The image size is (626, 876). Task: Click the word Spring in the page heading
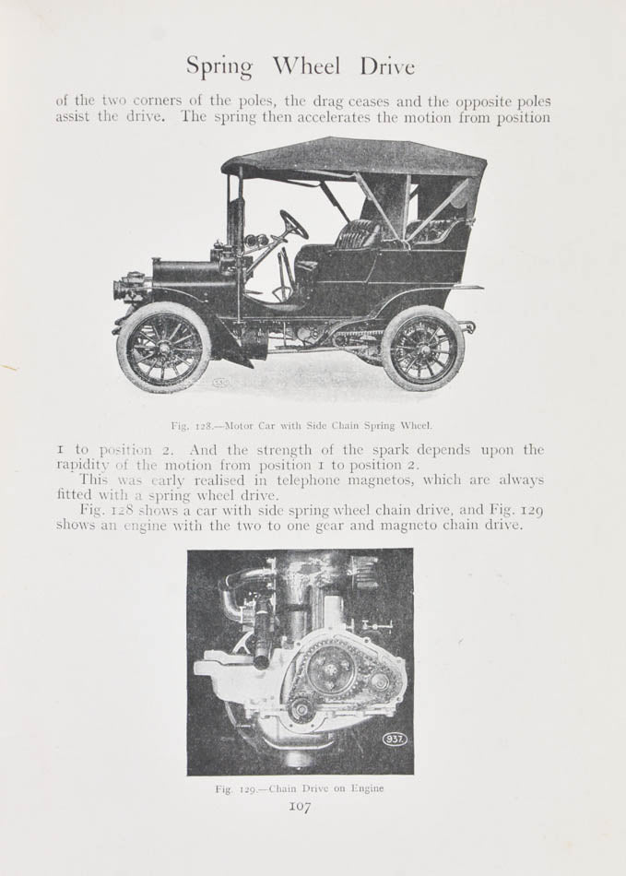point(219,67)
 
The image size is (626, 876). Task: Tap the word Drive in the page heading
point(387,66)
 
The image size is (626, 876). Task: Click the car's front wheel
point(164,348)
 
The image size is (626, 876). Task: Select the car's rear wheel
point(422,348)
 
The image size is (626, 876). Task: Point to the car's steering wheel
point(294,224)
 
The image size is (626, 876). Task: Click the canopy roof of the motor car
point(354,158)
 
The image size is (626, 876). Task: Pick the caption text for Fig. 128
point(301,425)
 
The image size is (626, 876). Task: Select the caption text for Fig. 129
point(299,788)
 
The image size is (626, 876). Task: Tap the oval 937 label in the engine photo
point(395,739)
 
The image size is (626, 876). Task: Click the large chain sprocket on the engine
point(329,667)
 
